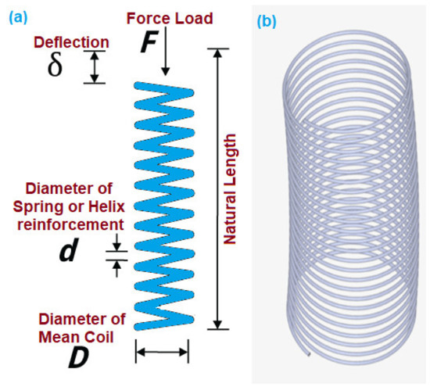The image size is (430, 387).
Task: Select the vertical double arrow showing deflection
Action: (x=95, y=67)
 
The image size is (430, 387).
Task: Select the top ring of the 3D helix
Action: (x=344, y=48)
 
